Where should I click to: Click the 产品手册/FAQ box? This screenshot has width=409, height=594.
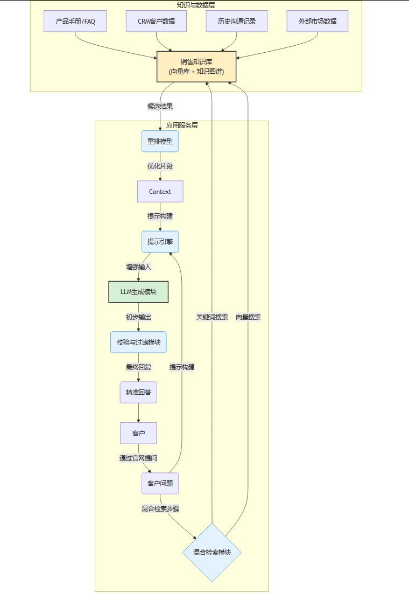coord(75,22)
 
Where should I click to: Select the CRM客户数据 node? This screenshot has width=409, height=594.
coord(156,22)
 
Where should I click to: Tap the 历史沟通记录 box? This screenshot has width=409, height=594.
coord(237,22)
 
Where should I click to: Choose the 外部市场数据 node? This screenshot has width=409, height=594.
coord(318,22)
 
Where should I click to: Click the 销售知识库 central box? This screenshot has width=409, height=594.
coord(196,67)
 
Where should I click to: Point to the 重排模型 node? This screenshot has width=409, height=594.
coord(160,142)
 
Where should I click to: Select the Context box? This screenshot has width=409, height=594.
coord(160,192)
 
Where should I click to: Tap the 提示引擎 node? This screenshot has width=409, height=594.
coord(160,242)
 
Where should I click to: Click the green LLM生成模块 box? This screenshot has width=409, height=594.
coord(138,292)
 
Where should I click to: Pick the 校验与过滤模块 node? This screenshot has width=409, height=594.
coord(138,342)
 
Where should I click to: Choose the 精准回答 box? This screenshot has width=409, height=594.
coord(138,392)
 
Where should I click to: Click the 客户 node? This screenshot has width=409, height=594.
coord(138,433)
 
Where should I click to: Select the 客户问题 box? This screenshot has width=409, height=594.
coord(160,483)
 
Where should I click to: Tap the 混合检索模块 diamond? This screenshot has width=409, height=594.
coord(211,552)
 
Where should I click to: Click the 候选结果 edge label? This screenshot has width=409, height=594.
coord(160,106)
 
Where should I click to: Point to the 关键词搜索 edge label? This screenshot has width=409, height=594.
coord(212,317)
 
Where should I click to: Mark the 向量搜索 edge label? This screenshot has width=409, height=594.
coord(248,317)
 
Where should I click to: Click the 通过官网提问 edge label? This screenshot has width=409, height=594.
coord(138,458)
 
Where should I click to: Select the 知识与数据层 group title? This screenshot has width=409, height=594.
coord(196,5)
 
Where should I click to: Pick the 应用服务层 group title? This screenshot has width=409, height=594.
coord(181,125)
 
